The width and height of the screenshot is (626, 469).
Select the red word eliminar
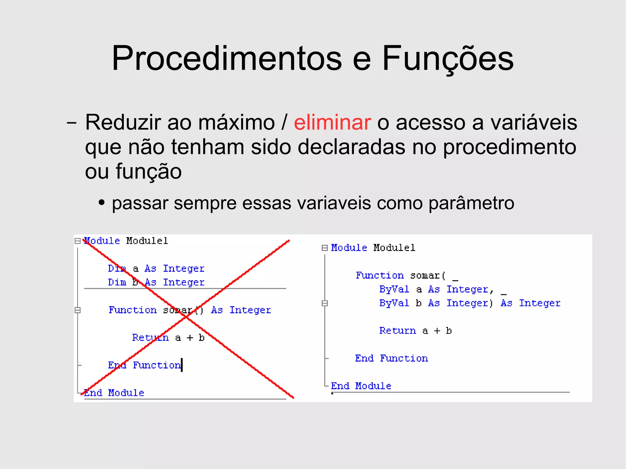332,122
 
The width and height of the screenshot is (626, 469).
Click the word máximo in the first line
236,122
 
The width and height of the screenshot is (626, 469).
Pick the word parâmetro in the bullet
471,203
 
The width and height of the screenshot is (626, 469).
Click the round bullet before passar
102,203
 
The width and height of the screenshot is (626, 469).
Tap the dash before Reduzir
72,123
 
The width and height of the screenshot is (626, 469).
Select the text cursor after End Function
182,365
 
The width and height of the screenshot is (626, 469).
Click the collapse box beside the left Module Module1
78,241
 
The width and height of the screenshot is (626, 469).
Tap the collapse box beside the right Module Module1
325,248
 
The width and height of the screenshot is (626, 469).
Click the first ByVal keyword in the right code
394,289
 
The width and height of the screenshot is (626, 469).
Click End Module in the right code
361,386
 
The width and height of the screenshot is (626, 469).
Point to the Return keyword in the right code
397,331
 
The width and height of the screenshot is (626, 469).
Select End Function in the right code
391,358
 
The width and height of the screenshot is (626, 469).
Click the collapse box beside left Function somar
78,310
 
